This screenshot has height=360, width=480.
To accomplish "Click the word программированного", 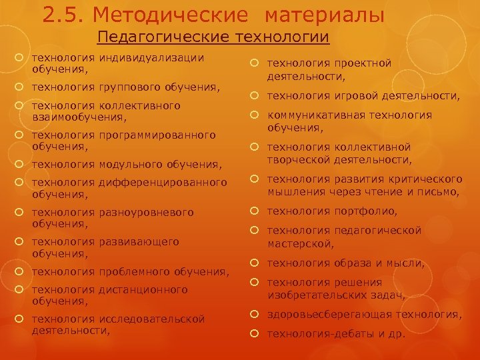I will pos(157,135).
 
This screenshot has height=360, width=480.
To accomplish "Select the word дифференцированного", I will pos(163,183).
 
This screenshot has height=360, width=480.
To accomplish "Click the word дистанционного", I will pos(143,290).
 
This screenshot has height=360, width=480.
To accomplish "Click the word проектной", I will pos(363,63).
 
